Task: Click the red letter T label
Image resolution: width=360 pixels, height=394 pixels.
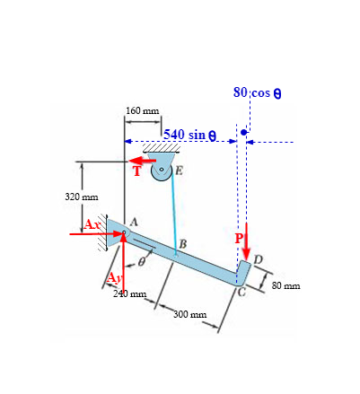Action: [137, 171]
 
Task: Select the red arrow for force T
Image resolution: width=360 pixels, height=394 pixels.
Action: [143, 161]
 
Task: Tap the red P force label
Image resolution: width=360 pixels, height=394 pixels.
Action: [239, 239]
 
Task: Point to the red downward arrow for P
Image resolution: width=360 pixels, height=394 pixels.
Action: [246, 241]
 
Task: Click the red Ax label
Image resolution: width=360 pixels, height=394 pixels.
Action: [92, 224]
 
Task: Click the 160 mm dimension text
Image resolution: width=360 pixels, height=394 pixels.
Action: [143, 110]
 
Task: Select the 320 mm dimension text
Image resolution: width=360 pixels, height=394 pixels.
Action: [82, 197]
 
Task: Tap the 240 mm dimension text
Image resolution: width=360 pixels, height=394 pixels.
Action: [130, 293]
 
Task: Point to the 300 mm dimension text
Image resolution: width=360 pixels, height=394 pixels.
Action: [190, 314]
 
